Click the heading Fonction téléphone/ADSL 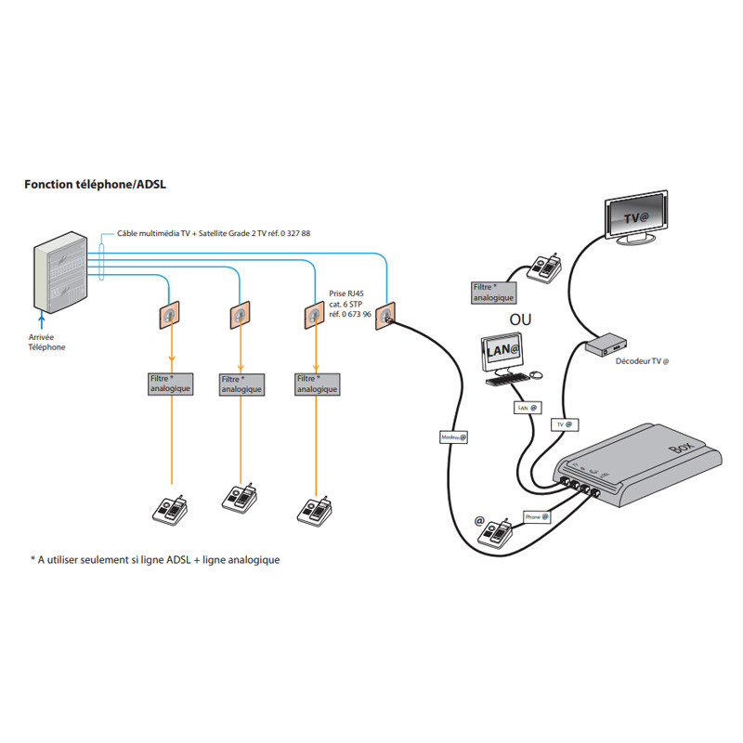95,185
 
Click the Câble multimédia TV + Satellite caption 214,233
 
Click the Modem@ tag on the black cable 450,437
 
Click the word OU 521,320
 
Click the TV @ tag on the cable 564,424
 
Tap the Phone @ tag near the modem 536,516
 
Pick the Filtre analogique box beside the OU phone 491,293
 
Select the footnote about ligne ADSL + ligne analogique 155,560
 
